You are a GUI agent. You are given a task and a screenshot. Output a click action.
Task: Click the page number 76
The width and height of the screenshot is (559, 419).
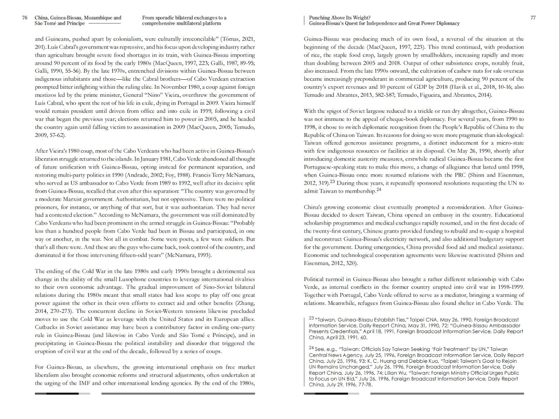point(24,18)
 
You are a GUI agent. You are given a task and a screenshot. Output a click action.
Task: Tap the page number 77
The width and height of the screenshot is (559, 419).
point(533,18)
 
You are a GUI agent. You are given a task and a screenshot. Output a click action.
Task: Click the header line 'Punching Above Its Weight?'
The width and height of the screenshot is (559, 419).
point(340,18)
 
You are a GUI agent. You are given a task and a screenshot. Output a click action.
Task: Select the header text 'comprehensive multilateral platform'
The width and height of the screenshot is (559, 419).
point(181,23)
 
